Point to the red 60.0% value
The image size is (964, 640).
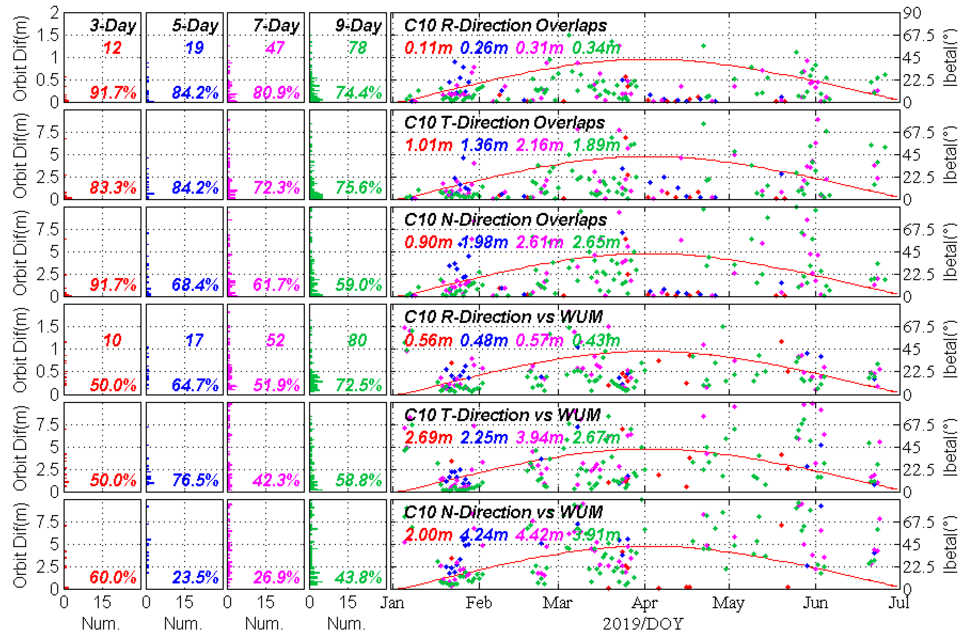113,577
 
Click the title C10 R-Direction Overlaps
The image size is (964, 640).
505,25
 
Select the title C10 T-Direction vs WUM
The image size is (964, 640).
502,415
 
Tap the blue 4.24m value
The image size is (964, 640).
484,534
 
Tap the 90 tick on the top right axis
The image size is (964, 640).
912,13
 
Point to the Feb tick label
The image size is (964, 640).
479,603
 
